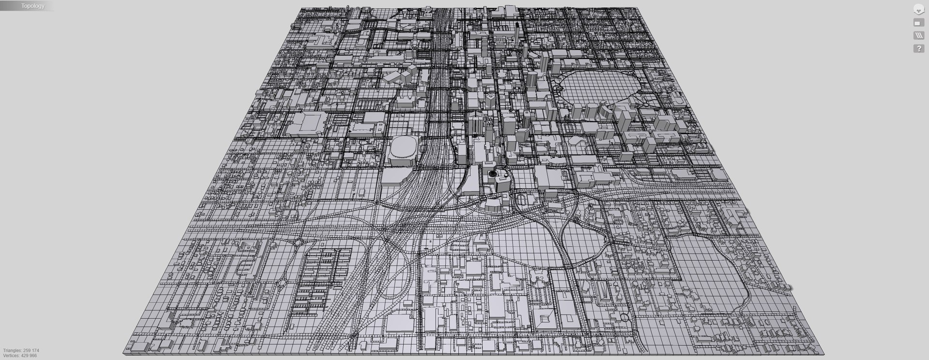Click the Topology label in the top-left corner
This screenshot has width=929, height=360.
(33, 6)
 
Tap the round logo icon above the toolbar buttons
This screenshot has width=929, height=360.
(918, 9)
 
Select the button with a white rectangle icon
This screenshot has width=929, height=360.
(918, 23)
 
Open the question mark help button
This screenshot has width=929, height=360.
(918, 48)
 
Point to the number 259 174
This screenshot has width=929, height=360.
(31, 350)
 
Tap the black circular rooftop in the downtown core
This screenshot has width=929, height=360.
(493, 173)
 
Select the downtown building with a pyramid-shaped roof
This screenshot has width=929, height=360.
(491, 97)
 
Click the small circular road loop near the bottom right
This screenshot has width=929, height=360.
(625, 318)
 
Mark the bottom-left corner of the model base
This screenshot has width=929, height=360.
(124, 355)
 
